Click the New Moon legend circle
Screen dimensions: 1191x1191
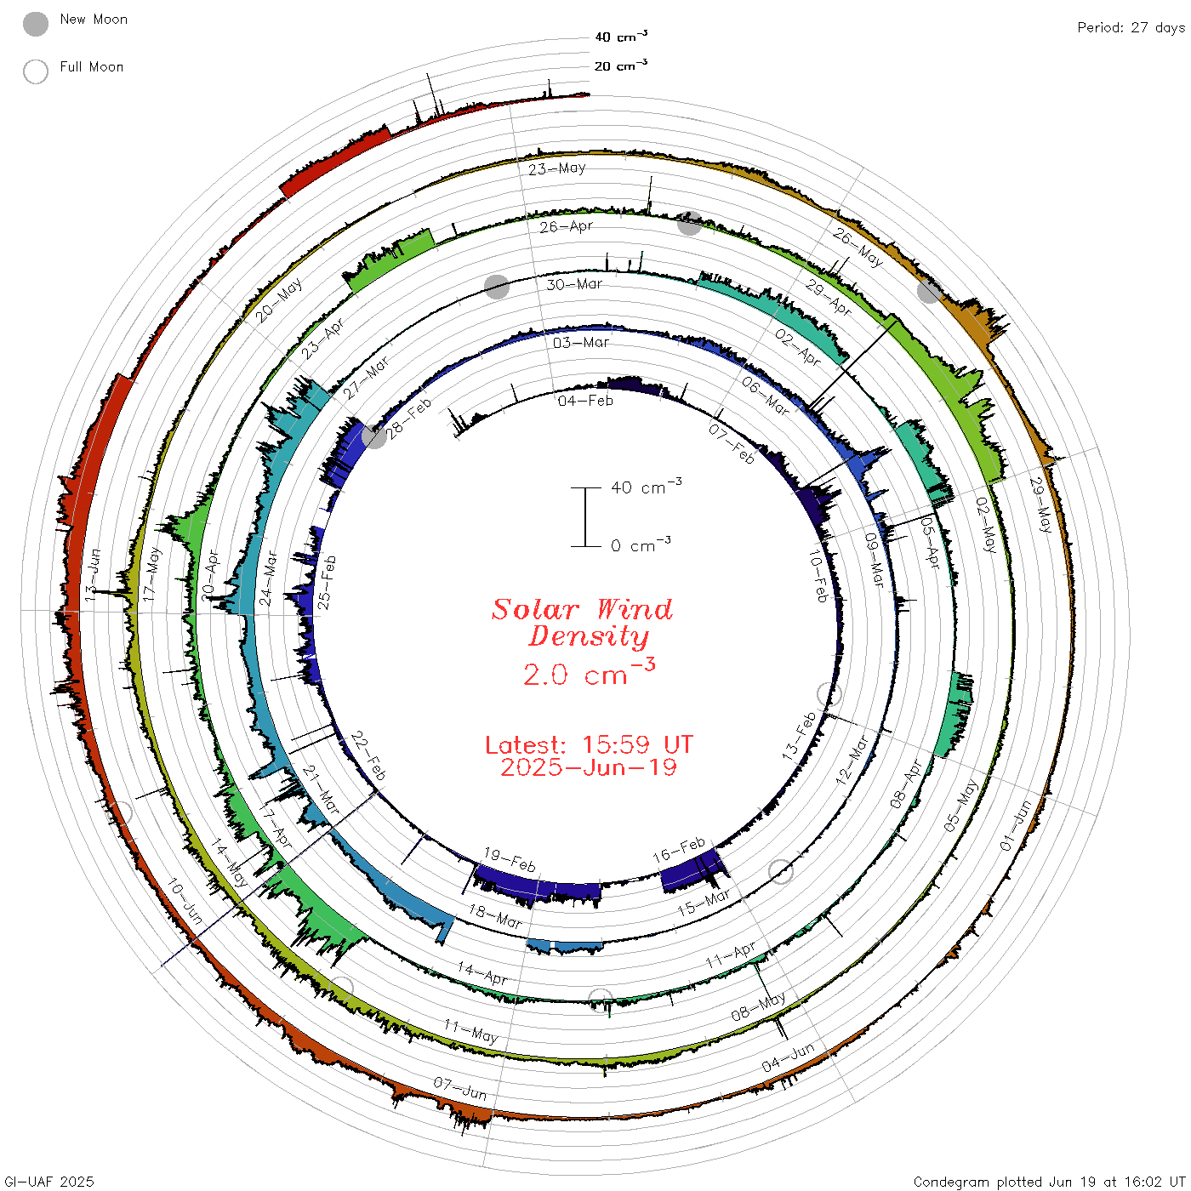pyautogui.click(x=36, y=24)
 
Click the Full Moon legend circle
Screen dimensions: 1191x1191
pyautogui.click(x=36, y=71)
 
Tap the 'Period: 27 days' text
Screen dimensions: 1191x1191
pyautogui.click(x=1131, y=28)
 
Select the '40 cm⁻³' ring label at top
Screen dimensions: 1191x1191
pyautogui.click(x=621, y=37)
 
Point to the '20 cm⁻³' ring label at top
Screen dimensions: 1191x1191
pyautogui.click(x=621, y=66)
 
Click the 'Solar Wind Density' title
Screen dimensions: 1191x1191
pyautogui.click(x=582, y=623)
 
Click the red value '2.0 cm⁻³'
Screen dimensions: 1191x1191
pyautogui.click(x=589, y=673)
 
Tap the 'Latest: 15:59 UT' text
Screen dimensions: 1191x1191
pyautogui.click(x=589, y=744)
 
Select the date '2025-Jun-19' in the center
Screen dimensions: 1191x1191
pyautogui.click(x=589, y=767)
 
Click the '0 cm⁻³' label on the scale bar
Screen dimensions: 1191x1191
pyautogui.click(x=641, y=545)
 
